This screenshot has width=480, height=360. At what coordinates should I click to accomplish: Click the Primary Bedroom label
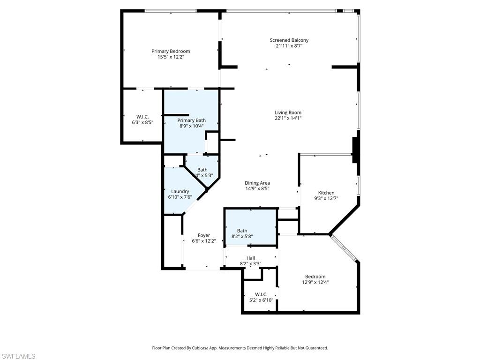[x=171, y=51]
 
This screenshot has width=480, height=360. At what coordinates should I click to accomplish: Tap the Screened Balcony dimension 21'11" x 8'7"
[x=289, y=46]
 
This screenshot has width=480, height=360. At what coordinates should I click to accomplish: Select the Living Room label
[x=288, y=112]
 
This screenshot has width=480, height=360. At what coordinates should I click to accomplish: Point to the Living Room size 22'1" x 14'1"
[x=288, y=118]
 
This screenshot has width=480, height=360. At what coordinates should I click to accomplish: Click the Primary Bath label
[x=191, y=120]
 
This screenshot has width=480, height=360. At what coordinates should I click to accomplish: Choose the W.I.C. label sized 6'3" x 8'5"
[x=142, y=117]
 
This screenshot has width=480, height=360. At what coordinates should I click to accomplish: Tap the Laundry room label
[x=180, y=191]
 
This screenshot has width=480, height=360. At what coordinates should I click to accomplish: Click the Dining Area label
[x=257, y=183]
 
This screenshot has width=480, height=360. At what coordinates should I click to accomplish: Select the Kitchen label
[x=326, y=193]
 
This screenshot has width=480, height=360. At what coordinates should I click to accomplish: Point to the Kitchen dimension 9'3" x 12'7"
[x=326, y=198]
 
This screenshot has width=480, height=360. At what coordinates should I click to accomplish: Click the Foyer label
[x=203, y=235]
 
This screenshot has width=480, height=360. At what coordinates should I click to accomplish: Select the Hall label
[x=251, y=258]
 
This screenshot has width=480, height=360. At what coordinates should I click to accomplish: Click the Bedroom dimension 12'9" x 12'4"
[x=315, y=282]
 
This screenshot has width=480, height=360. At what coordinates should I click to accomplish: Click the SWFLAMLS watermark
[x=18, y=356]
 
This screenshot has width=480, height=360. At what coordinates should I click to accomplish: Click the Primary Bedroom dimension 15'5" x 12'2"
[x=171, y=57]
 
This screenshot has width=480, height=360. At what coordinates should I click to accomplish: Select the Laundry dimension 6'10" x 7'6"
[x=180, y=197]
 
